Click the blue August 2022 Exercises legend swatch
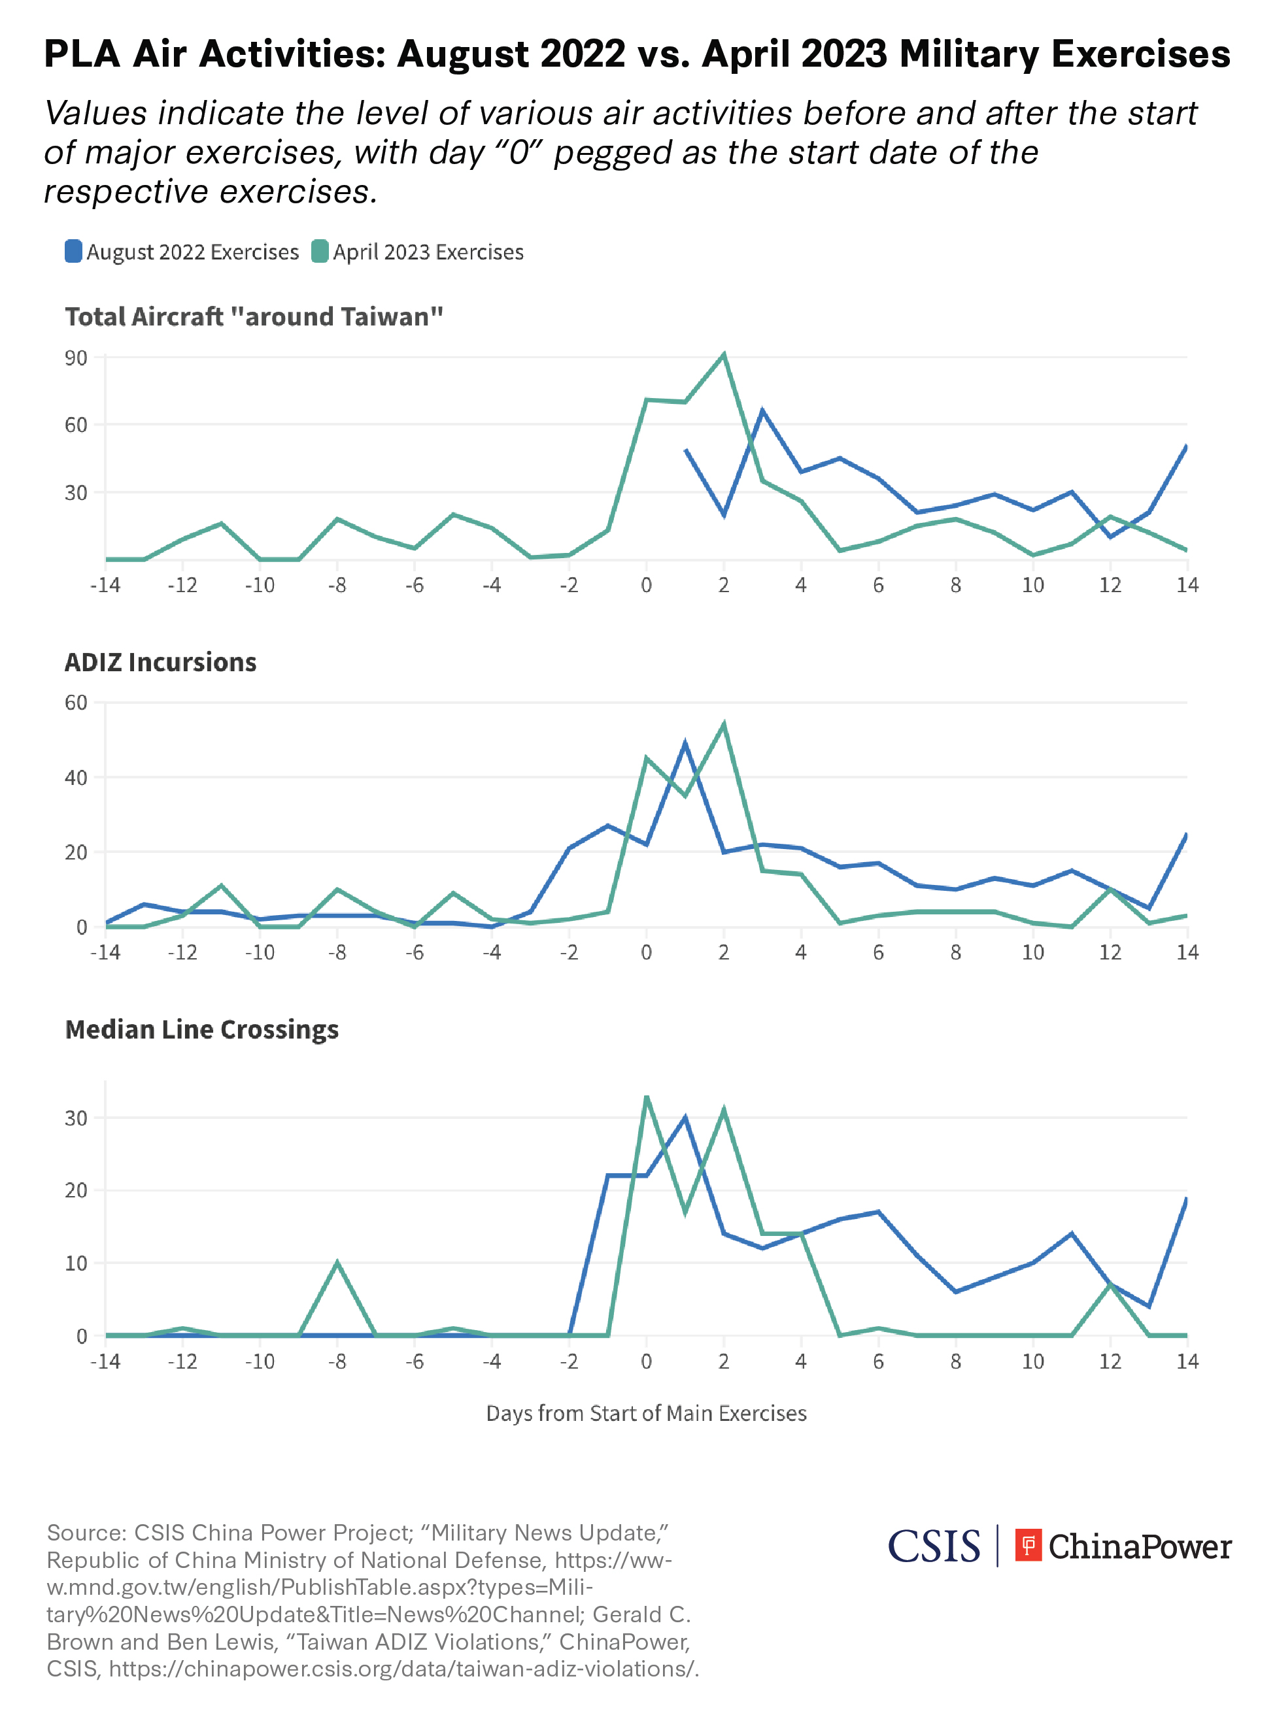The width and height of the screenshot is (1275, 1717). (73, 252)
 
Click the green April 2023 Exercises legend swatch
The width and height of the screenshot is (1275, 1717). (320, 252)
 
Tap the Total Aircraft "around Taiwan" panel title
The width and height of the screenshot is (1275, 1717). (254, 316)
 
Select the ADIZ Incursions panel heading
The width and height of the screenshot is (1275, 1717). (161, 662)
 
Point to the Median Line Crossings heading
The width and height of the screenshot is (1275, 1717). (201, 1029)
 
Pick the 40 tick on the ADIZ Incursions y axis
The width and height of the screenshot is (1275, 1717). (76, 778)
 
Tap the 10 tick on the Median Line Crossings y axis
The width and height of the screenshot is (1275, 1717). (76, 1263)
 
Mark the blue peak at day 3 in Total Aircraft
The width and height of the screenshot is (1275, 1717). (762, 410)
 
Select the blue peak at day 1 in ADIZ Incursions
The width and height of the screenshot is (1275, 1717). (685, 744)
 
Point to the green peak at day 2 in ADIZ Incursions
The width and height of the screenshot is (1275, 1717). (724, 724)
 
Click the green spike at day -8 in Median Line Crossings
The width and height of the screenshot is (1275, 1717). (337, 1263)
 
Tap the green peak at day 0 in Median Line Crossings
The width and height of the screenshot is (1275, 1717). (647, 1097)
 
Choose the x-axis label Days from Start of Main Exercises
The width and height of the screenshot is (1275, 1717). (646, 1413)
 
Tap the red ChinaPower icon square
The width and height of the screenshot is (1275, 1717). (1028, 1545)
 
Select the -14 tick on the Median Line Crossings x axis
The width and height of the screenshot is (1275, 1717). (105, 1361)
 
